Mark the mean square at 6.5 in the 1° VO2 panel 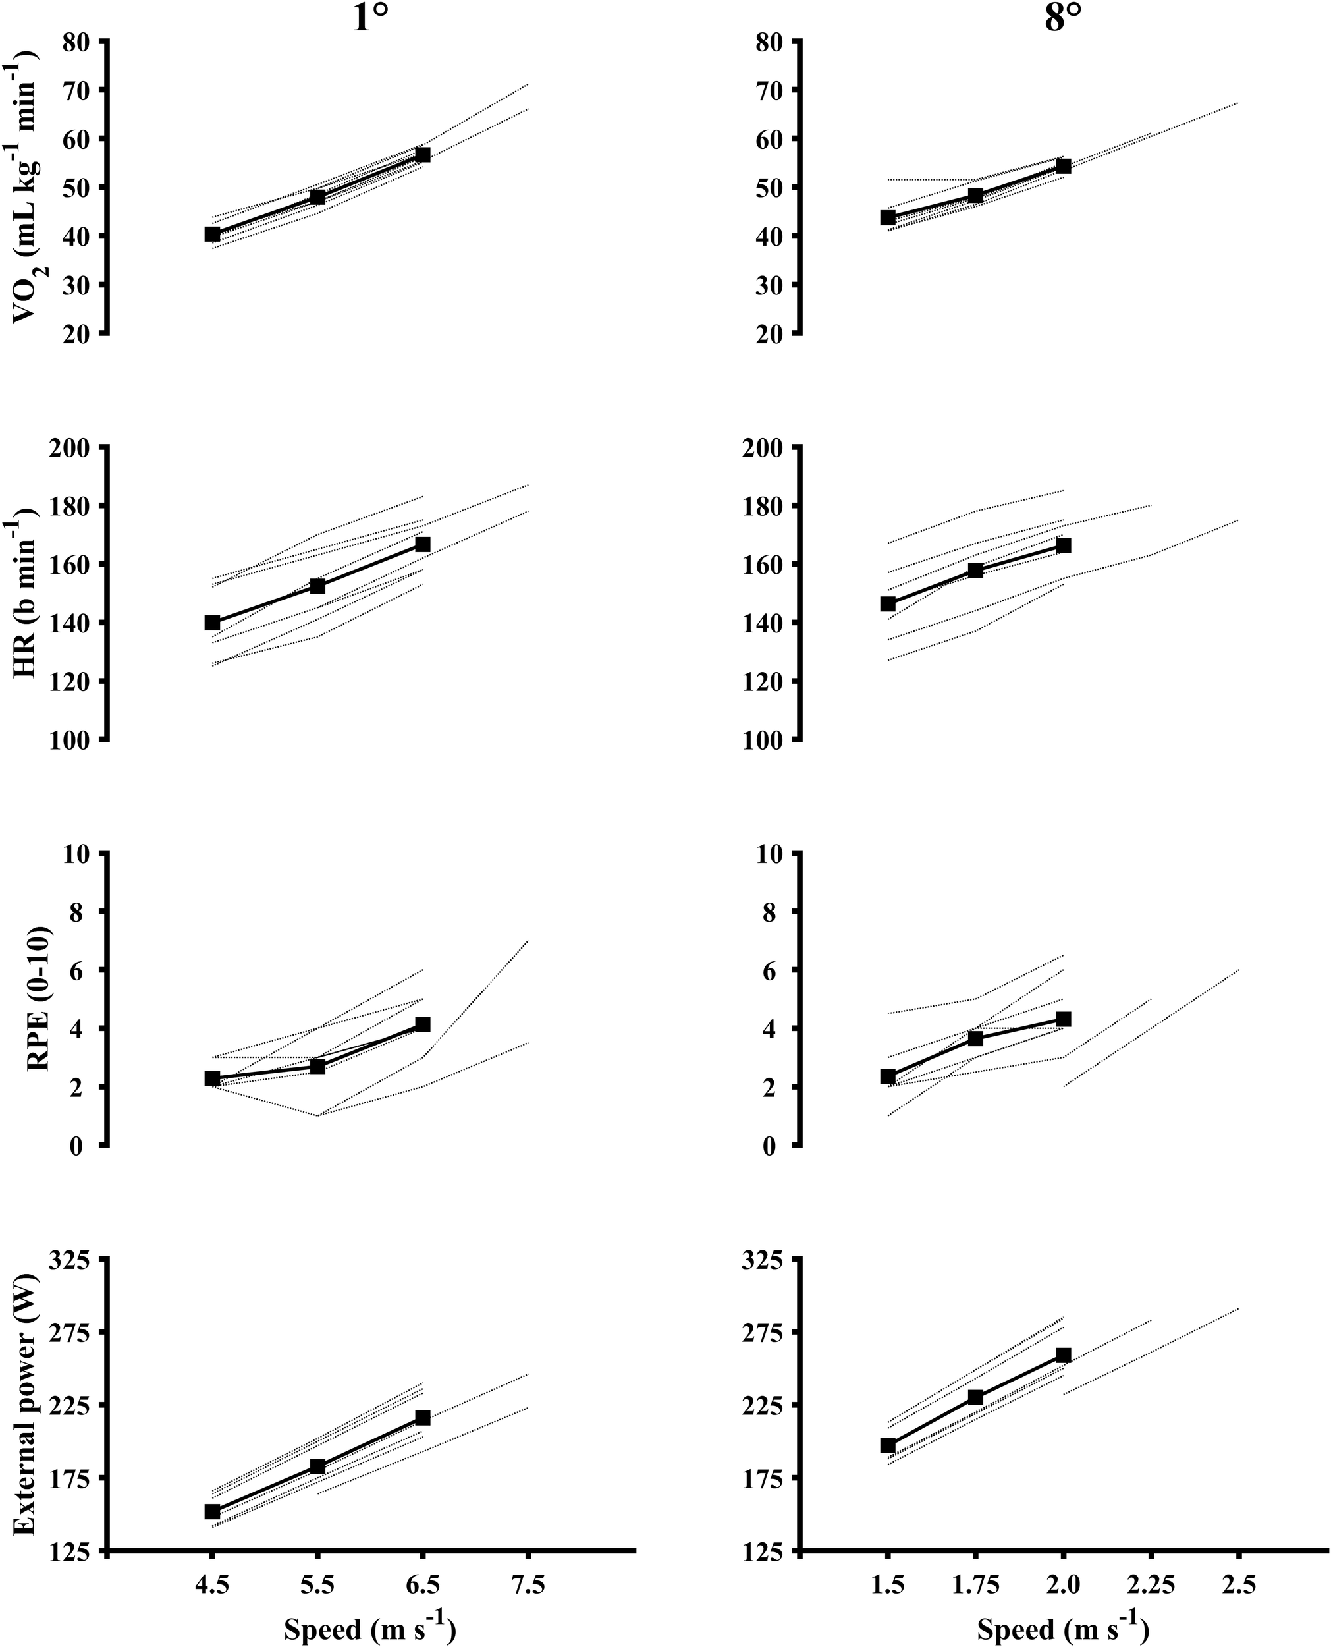[x=421, y=155]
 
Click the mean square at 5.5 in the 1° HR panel [x=317, y=586]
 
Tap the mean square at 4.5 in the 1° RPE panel [x=212, y=1078]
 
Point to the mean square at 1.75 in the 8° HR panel [x=975, y=570]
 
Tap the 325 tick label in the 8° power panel [x=765, y=1259]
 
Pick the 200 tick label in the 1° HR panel [x=71, y=447]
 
